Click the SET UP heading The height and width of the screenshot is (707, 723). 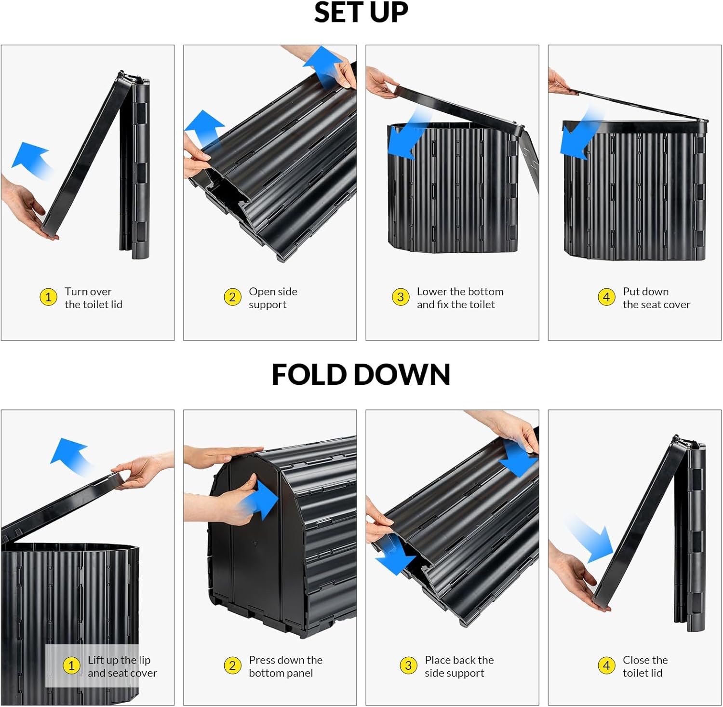click(361, 13)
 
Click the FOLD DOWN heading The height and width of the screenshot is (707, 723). click(361, 375)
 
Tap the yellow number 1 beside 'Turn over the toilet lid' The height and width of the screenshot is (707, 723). click(48, 297)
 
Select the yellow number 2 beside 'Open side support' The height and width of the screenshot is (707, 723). click(232, 297)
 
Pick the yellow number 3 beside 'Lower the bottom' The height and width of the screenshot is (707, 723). click(401, 297)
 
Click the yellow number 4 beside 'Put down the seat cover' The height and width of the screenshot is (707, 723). click(606, 297)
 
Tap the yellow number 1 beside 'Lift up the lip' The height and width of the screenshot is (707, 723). click(71, 666)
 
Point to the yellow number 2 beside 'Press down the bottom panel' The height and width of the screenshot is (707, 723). click(232, 666)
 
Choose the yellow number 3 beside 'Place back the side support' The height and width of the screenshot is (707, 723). click(408, 666)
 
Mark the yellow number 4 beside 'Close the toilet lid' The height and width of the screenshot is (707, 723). click(606, 666)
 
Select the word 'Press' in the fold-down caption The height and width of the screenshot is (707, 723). click(262, 660)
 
